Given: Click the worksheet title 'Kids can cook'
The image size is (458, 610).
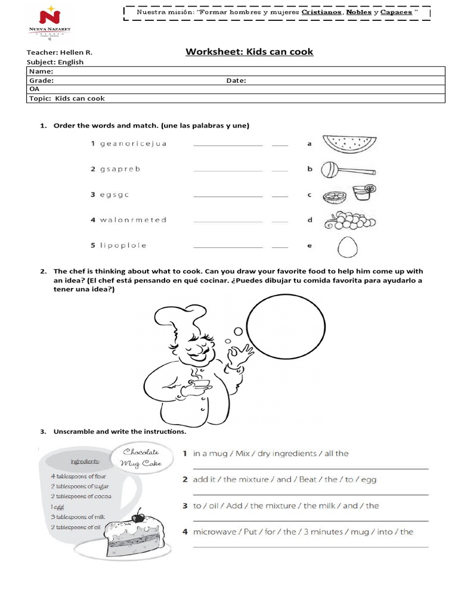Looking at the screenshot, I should click(x=249, y=52).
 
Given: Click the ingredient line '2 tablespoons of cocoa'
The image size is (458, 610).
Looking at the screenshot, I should click(x=82, y=496).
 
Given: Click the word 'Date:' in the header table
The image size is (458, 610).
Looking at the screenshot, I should click(x=237, y=80).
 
